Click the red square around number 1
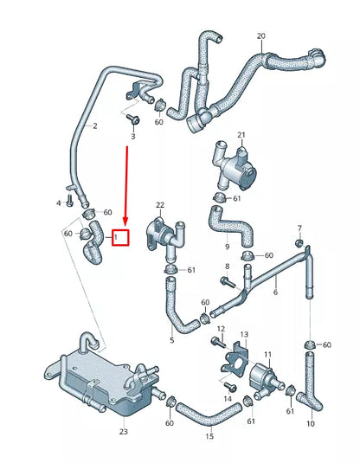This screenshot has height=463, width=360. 121,236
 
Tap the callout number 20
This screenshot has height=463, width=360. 260,36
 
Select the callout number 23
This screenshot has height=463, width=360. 123,431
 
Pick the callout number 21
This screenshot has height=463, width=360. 241,135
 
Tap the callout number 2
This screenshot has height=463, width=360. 94,126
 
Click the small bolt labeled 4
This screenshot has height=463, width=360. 70,203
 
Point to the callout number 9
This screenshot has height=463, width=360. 227,246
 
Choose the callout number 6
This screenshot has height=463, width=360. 275,293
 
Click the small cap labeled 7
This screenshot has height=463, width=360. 299,241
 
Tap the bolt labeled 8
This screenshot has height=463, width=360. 227,281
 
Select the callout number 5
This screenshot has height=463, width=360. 171,340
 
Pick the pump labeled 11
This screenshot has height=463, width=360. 264,377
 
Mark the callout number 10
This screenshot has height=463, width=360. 311,424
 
